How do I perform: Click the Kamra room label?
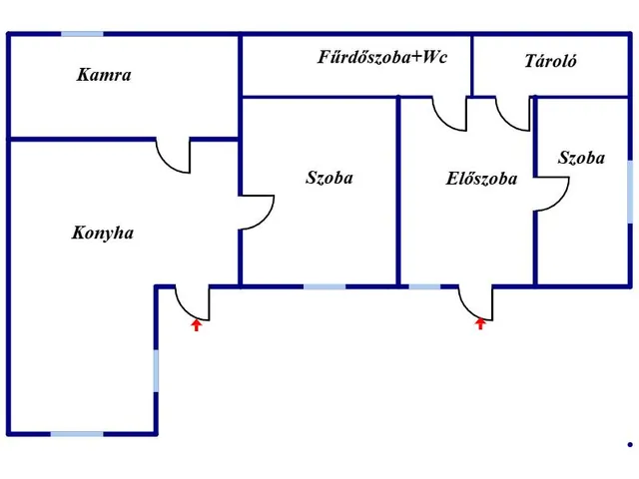coord(104,75)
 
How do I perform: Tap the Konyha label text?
coord(103,234)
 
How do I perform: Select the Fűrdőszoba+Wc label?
coord(381,57)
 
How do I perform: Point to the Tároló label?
coord(551,62)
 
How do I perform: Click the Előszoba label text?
coord(481,180)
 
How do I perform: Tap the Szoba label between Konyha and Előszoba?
coord(328,179)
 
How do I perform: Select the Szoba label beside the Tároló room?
coord(581,158)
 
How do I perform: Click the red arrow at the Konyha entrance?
coord(197,322)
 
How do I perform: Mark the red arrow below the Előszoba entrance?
coord(480,322)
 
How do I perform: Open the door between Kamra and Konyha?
coord(174,156)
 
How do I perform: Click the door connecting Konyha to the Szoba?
coord(257,212)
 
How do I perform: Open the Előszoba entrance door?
coord(474,300)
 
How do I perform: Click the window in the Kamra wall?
coord(82,35)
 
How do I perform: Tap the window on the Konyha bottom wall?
coord(76,433)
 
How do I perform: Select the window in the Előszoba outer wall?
coord(424,286)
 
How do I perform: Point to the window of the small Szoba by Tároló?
coord(630,191)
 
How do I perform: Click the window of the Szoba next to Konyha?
coord(324,286)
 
